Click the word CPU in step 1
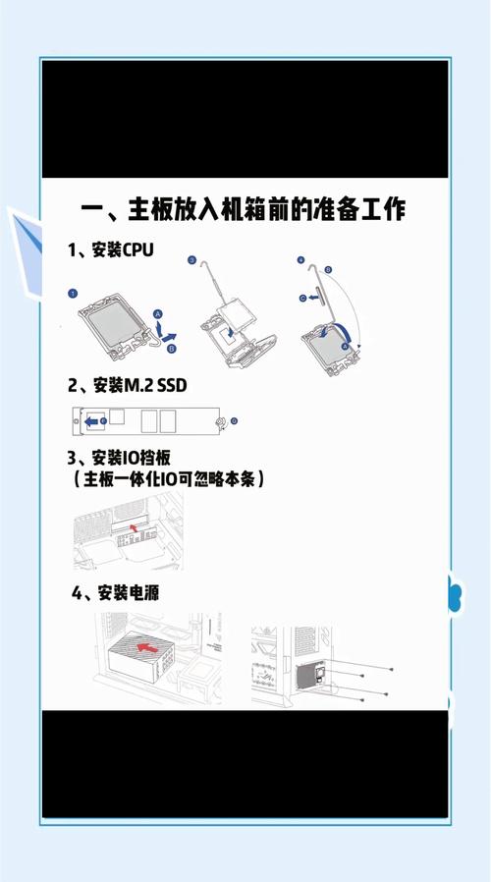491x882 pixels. tap(138, 249)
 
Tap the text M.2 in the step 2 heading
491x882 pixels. tap(141, 384)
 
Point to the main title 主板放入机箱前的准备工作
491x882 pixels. tap(255, 211)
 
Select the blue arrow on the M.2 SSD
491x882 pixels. tap(93, 421)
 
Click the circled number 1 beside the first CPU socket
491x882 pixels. tap(72, 294)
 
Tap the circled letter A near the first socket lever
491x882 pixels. tap(159, 313)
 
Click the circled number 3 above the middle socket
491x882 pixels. tap(191, 260)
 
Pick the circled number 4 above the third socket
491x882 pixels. tap(300, 260)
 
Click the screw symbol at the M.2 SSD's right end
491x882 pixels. tap(225, 422)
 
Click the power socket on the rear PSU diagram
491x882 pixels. tap(307, 677)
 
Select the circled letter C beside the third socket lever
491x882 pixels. tap(303, 298)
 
